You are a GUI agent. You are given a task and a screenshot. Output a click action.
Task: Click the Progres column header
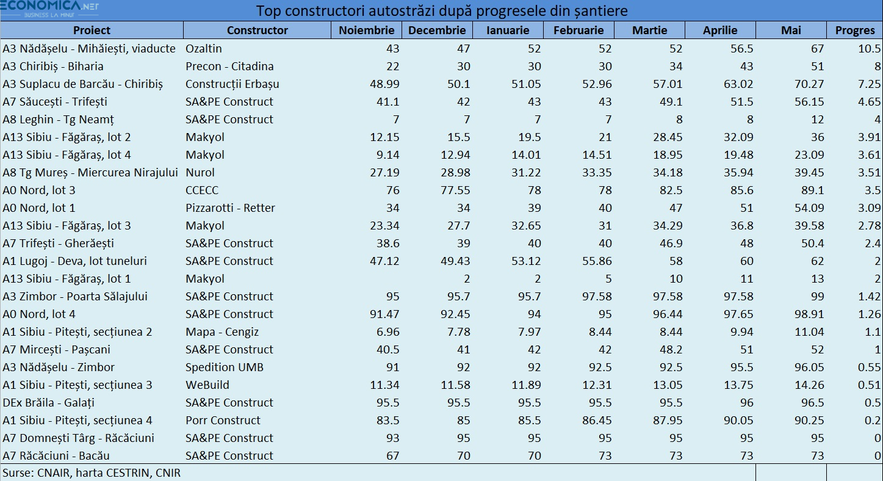pyautogui.click(x=854, y=31)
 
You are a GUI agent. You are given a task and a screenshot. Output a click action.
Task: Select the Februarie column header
pyautogui.click(x=578, y=31)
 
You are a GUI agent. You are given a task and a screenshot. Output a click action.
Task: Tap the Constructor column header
pyautogui.click(x=257, y=31)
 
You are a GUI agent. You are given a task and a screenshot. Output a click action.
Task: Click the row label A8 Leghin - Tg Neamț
pyautogui.click(x=58, y=120)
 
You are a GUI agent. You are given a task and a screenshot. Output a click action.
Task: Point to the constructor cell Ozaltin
pyautogui.click(x=203, y=48)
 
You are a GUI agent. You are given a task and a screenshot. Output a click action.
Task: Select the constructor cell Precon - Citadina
pyautogui.click(x=229, y=67)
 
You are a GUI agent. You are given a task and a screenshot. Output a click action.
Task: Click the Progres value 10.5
pyautogui.click(x=869, y=48)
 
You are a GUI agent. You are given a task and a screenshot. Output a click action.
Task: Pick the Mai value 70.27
pyautogui.click(x=809, y=84)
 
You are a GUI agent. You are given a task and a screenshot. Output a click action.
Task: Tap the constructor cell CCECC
pyautogui.click(x=202, y=190)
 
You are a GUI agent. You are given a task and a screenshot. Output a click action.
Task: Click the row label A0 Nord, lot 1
pyautogui.click(x=38, y=208)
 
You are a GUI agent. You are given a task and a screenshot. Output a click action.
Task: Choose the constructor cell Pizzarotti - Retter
pyautogui.click(x=230, y=208)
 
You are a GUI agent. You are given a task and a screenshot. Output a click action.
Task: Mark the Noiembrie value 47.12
pyautogui.click(x=384, y=261)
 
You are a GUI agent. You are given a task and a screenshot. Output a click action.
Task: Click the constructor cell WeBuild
pyautogui.click(x=207, y=385)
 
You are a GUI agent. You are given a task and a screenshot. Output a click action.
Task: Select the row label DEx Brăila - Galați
pyautogui.click(x=48, y=402)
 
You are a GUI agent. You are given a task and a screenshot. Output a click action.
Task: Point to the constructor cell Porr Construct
pyautogui.click(x=223, y=421)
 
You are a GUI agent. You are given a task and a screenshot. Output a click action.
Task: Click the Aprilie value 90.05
pyautogui.click(x=738, y=421)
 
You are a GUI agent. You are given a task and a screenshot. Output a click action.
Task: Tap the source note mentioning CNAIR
pyautogui.click(x=92, y=472)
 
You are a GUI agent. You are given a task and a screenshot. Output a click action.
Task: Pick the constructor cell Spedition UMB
pyautogui.click(x=225, y=367)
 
